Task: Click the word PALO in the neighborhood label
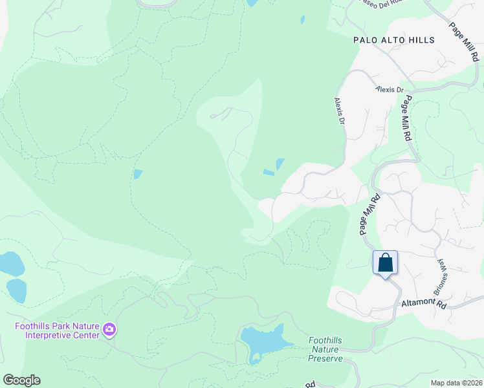click(x=365, y=40)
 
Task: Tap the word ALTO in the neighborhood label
click(x=391, y=40)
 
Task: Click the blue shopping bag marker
click(x=385, y=263)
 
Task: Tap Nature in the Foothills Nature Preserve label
click(x=325, y=349)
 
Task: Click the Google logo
click(x=21, y=380)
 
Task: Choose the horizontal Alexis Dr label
click(x=391, y=90)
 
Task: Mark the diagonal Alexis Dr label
click(x=338, y=111)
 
